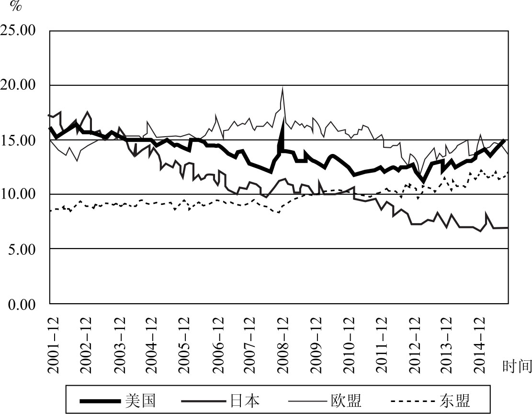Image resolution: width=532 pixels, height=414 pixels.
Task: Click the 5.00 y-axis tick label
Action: point(25,249)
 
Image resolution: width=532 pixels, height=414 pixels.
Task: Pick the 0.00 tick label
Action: point(25,304)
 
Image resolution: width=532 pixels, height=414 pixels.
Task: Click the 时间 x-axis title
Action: point(517,367)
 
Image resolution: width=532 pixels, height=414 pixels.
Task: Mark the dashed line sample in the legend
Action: point(412,400)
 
